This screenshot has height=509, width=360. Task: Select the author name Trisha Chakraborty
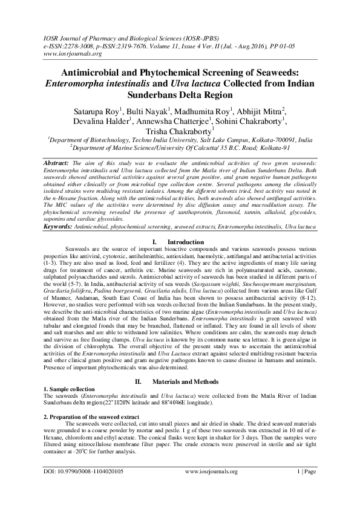tap(179, 129)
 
